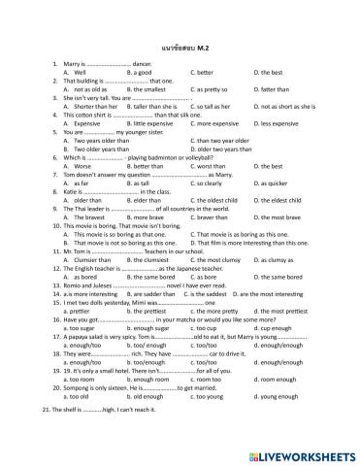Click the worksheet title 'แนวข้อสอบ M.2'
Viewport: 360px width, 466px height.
click(180, 46)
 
